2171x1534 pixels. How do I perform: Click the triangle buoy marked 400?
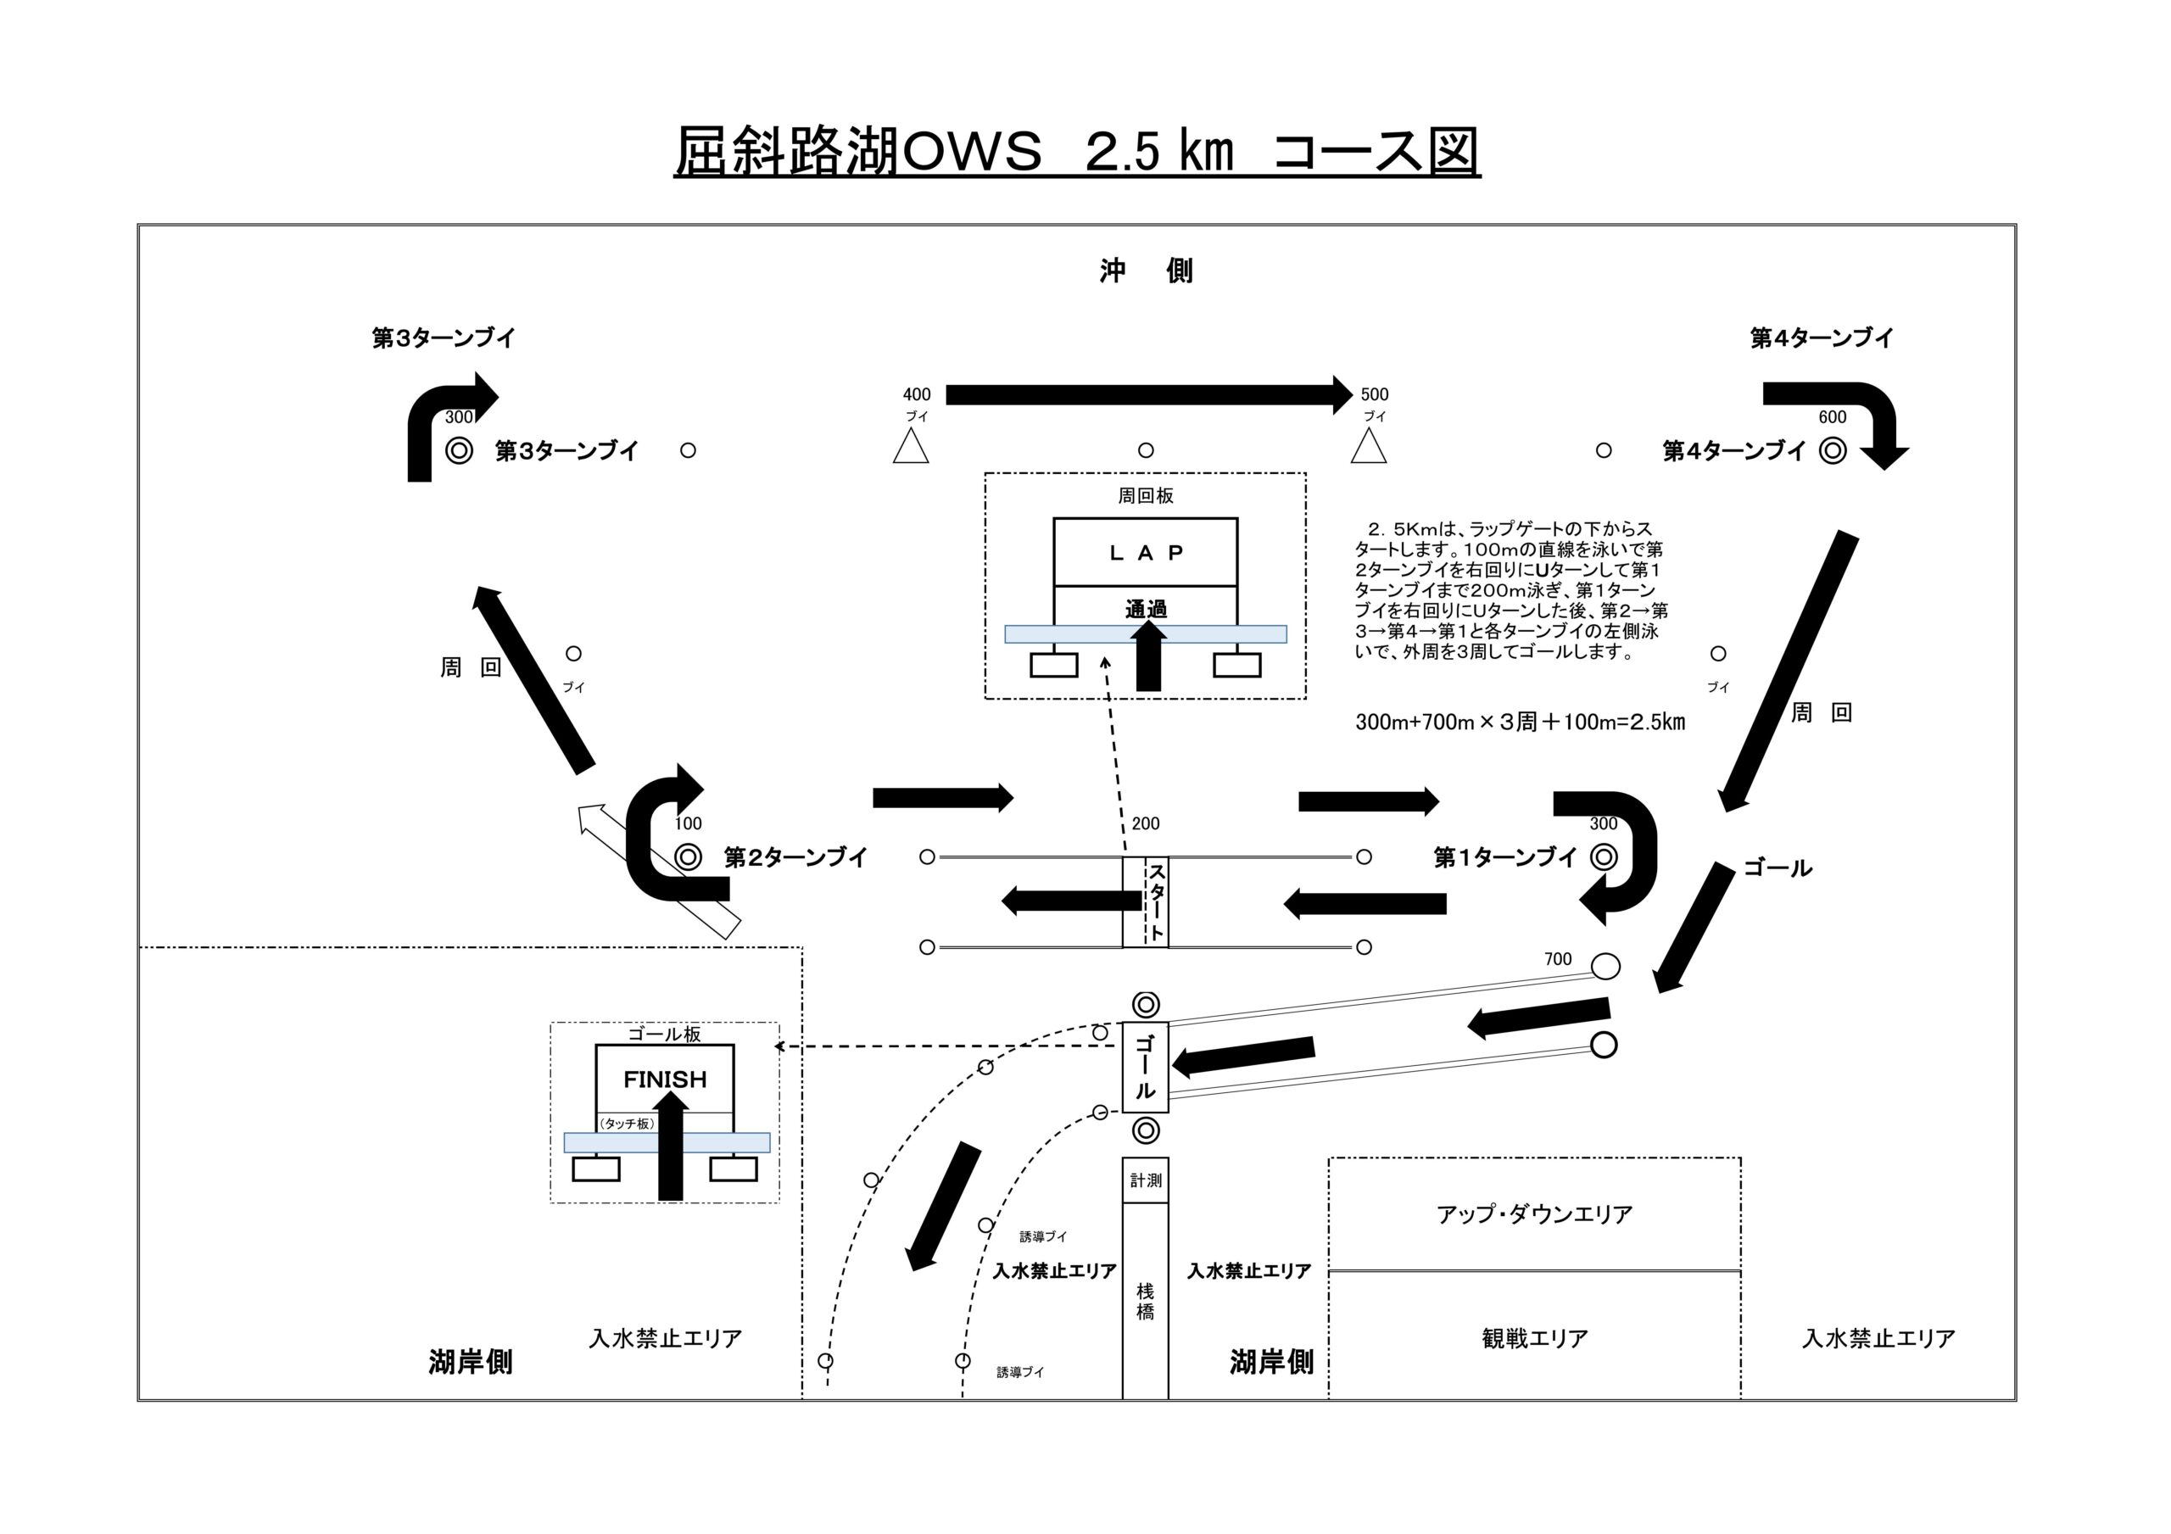coord(911,448)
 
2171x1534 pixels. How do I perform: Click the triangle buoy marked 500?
coord(1368,448)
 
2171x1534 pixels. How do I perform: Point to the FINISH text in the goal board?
coord(665,1079)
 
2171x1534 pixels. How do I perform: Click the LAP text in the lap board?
coord(1146,553)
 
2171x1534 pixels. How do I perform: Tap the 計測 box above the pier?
coord(1145,1180)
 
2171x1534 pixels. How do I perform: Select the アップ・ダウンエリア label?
coord(1535,1214)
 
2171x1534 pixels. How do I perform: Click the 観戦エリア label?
coord(1535,1338)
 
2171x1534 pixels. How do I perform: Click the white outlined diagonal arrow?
coord(659,871)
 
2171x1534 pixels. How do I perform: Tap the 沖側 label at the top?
coord(1146,271)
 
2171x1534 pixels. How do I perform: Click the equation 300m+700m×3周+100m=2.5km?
coord(1520,722)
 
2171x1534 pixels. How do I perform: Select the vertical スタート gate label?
coord(1157,901)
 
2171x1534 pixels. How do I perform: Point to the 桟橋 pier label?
coord(1145,1302)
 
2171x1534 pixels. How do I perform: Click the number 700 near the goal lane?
coord(1557,959)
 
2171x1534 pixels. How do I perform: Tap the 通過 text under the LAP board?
coord(1146,610)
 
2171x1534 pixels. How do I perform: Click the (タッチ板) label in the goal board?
coord(627,1124)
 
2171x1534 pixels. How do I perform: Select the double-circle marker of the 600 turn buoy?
coord(1833,450)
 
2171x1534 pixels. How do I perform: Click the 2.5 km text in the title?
coord(1160,151)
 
